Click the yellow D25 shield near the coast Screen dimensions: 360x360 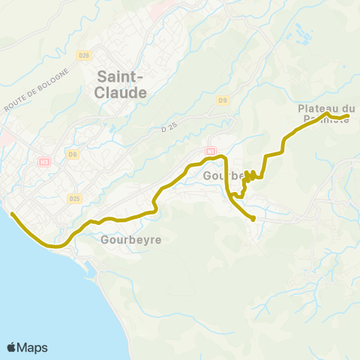pos(73,199)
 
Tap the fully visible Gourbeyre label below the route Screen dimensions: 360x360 pos(131,240)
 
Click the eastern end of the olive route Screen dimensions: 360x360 pos(348,115)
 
